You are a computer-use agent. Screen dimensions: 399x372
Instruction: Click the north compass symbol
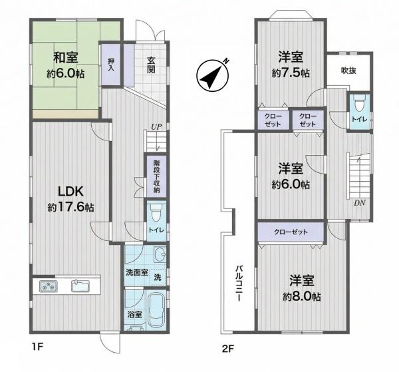coord(213,75)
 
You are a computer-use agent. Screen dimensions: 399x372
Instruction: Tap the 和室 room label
coord(65,58)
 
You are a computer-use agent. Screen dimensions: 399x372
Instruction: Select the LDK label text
coord(70,192)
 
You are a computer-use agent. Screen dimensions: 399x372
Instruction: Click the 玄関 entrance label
coord(151,65)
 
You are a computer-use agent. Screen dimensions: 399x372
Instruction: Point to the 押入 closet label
coord(111,65)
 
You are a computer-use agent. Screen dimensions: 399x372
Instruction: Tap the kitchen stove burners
coord(49,286)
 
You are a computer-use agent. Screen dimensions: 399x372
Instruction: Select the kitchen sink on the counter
coord(80,286)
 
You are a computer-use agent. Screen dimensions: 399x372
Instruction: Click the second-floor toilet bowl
coord(359,104)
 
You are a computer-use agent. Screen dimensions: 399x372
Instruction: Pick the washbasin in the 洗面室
coord(160,254)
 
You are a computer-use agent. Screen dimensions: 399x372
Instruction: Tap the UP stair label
coord(156,127)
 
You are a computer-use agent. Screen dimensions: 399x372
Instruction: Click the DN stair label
coord(360,203)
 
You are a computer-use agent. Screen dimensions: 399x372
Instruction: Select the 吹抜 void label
coord(348,71)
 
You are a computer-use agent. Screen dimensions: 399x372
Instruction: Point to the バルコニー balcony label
coord(239,283)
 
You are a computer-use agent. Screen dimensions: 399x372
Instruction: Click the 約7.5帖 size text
coord(291,73)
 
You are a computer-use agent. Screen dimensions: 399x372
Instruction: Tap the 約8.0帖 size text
coord(302,297)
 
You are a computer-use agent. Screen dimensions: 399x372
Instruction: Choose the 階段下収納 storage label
coord(156,176)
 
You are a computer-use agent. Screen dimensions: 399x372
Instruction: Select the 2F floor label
coord(227,349)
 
